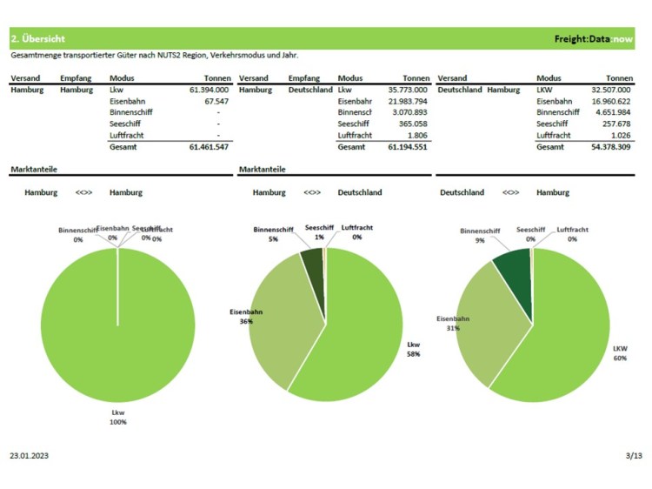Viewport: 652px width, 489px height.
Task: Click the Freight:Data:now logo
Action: click(595, 39)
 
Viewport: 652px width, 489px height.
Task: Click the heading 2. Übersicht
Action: click(37, 39)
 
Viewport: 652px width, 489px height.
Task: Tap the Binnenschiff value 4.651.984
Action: click(612, 112)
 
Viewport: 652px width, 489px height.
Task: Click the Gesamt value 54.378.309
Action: click(609, 147)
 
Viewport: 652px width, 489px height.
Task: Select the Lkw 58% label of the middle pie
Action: click(415, 349)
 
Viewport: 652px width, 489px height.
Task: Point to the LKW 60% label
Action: click(620, 352)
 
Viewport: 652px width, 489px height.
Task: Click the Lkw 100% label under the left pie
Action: click(118, 417)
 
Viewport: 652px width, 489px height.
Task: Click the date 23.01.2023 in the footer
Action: click(30, 455)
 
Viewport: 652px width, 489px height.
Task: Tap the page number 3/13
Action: click(633, 455)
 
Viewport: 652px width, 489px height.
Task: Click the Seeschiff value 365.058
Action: click(411, 124)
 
